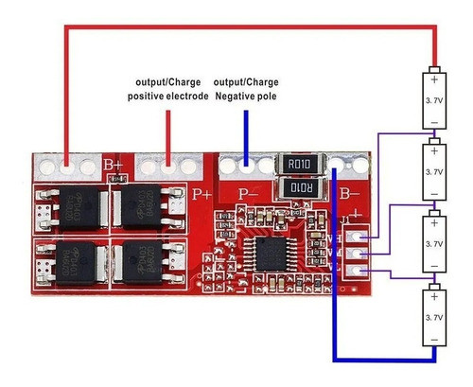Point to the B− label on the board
[350, 196]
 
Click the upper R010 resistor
[299, 165]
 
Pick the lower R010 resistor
[299, 187]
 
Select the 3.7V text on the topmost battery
[433, 97]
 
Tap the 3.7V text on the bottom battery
[433, 318]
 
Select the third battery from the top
[433, 244]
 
